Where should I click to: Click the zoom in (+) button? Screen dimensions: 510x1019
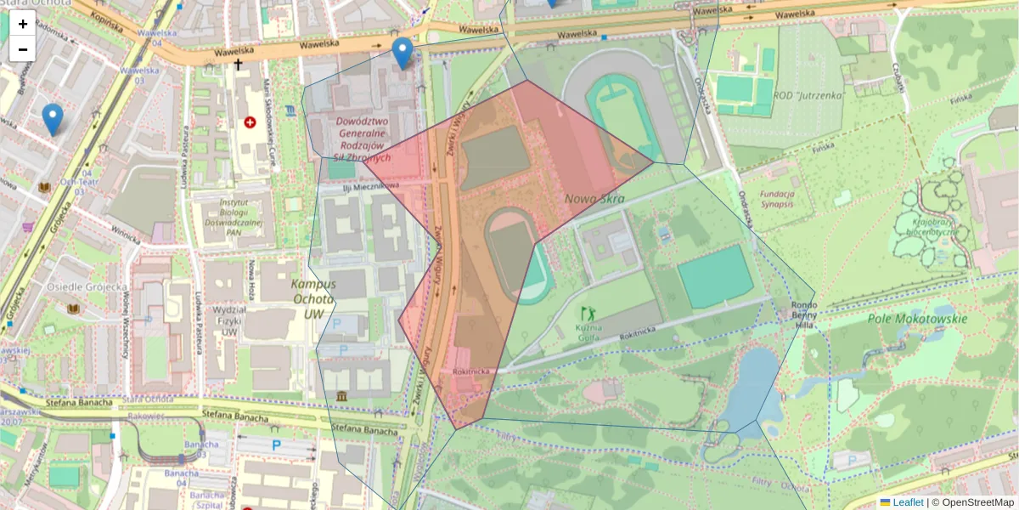(23, 24)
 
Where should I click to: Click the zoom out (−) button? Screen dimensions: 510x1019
(23, 49)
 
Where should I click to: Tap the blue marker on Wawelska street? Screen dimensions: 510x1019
(403, 54)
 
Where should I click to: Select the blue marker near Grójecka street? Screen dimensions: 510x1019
(53, 120)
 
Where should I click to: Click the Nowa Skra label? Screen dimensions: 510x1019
(594, 200)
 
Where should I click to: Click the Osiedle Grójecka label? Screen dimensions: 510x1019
(87, 286)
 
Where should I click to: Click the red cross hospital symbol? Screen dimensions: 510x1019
(251, 122)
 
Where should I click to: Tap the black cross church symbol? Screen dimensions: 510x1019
(239, 64)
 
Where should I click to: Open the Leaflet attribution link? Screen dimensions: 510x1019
(908, 502)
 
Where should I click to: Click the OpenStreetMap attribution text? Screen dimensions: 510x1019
(977, 502)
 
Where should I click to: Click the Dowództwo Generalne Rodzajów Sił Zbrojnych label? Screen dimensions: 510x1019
(363, 139)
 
